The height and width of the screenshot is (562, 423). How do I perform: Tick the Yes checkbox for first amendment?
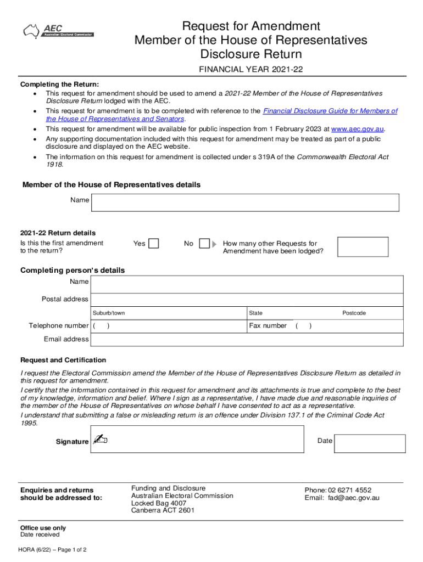coord(154,243)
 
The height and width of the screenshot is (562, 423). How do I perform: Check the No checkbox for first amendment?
coord(204,243)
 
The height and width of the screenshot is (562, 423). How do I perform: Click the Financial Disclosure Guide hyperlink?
coord(330,111)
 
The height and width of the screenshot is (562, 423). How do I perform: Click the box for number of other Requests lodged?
coord(363,247)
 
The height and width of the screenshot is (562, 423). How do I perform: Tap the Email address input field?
coord(247,340)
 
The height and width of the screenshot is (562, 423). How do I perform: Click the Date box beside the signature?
coord(370,443)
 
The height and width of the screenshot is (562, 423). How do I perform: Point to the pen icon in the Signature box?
coord(100,439)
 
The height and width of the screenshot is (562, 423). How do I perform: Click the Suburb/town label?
coord(109,313)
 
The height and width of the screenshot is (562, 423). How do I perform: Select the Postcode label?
coord(354,313)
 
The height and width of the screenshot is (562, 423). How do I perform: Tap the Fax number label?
coord(268,326)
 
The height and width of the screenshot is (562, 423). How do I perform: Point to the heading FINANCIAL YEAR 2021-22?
coord(251,70)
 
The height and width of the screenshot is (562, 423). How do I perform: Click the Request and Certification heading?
coord(63,360)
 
